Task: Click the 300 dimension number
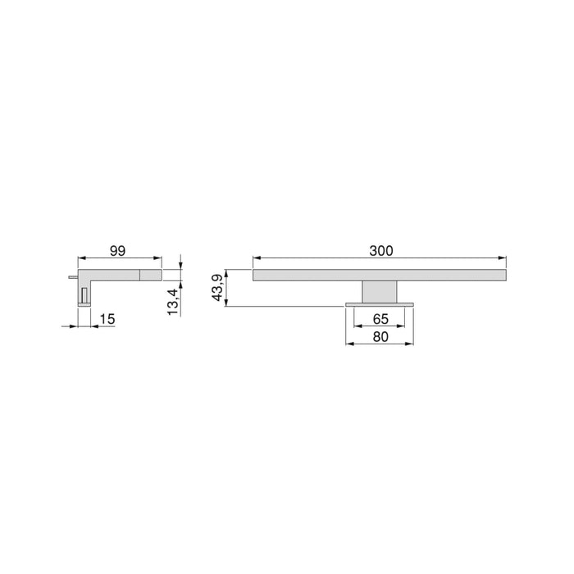pos(381,250)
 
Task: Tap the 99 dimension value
pos(119,250)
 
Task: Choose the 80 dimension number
pos(380,336)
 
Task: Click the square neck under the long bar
pos(379,291)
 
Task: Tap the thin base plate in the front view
pos(379,303)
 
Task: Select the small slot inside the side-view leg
pos(84,294)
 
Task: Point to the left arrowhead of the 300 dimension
pos(256,259)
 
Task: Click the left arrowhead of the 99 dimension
pos(81,259)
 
